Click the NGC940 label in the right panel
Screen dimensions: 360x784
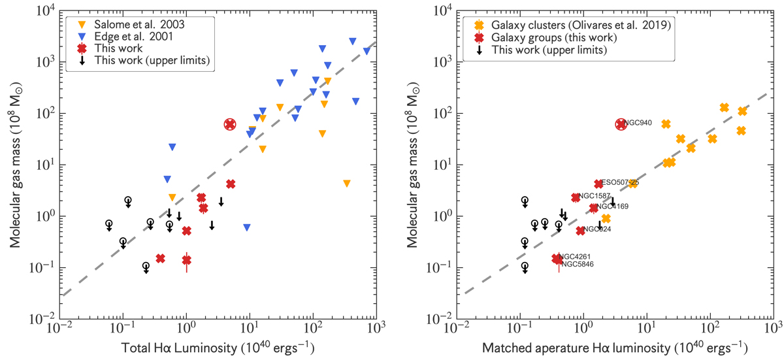tap(638, 123)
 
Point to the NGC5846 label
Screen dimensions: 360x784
tap(577, 265)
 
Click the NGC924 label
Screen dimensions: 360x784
tap(597, 229)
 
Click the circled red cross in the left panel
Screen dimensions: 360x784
tap(230, 124)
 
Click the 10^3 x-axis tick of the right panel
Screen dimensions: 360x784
tap(772, 332)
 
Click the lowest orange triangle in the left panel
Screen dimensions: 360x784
tap(347, 184)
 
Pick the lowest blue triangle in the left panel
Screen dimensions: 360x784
tap(246, 227)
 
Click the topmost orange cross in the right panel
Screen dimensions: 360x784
tap(724, 107)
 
